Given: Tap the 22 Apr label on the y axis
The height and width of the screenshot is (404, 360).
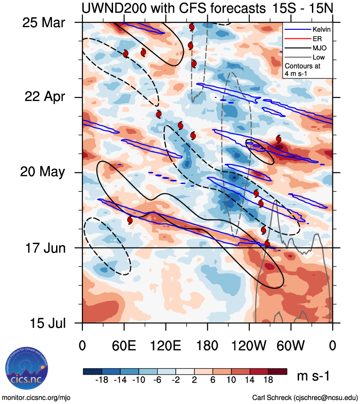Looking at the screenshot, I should tap(43, 97).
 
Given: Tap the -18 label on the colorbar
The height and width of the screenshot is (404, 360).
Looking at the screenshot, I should tap(103, 380).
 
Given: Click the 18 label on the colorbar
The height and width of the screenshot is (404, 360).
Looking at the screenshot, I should tap(268, 380).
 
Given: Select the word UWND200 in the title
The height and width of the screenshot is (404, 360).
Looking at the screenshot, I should tap(109, 8).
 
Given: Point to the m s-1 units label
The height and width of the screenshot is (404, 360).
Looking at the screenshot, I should tap(313, 376).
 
